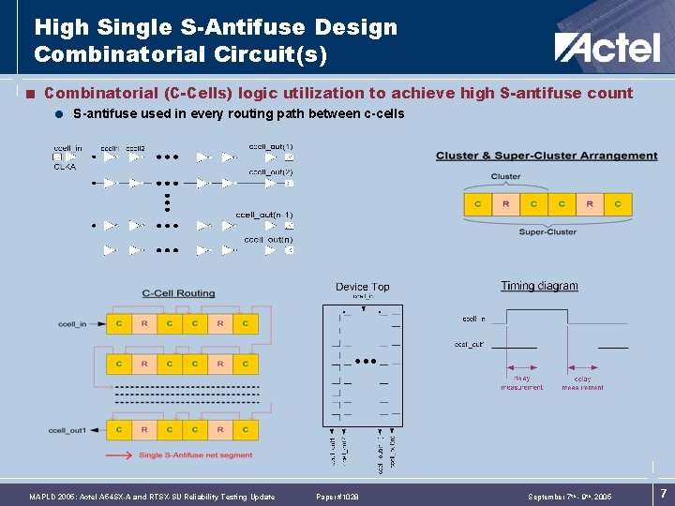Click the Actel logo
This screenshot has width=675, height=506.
tap(607, 46)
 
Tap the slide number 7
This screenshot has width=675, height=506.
tap(662, 493)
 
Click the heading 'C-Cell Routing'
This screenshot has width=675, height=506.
tap(178, 293)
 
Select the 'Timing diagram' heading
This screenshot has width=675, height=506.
tap(539, 286)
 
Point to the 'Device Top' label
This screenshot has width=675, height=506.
tap(362, 287)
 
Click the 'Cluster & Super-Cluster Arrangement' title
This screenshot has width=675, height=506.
tap(547, 156)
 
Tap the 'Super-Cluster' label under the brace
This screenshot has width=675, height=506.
tap(547, 231)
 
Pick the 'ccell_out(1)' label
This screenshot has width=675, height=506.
tap(271, 146)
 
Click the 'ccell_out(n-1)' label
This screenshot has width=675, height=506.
tap(264, 215)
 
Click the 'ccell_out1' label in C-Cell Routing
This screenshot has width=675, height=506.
tap(67, 430)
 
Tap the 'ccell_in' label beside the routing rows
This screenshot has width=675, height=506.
tap(71, 324)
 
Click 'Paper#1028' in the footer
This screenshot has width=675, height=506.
tap(337, 497)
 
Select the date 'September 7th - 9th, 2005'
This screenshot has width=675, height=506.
tap(570, 497)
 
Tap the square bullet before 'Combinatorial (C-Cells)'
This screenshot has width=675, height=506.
tap(31, 94)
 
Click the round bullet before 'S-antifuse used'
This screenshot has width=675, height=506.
tap(59, 114)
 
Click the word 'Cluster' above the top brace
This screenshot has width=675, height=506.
tap(506, 176)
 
